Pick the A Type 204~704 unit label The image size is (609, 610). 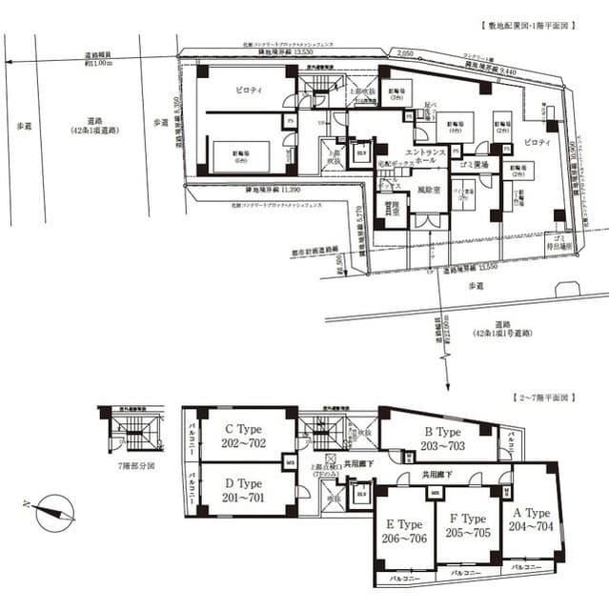click(x=529, y=519)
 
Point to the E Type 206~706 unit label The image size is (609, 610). click(x=404, y=530)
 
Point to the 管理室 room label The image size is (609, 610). click(x=392, y=211)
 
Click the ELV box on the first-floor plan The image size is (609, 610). click(x=361, y=152)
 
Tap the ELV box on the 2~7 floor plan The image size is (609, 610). click(x=361, y=495)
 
